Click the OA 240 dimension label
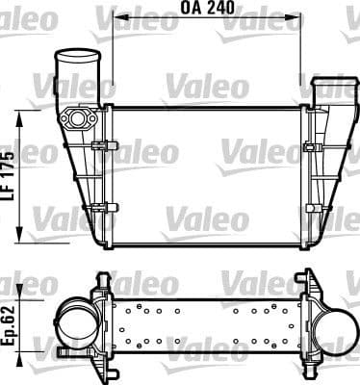pos(207,9)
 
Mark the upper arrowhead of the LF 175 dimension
pos(21,113)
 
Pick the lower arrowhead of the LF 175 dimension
pos(21,235)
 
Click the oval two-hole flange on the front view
pos(78,118)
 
